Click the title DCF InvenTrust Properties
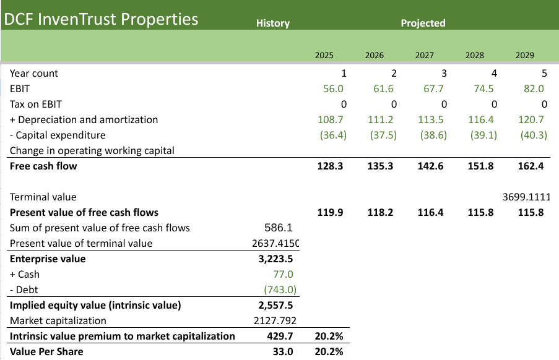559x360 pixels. [101, 19]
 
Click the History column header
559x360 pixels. [272, 24]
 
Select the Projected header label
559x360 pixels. [423, 24]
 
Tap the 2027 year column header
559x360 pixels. [424, 55]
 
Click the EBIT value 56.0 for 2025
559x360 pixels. [333, 89]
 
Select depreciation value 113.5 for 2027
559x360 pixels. [433, 120]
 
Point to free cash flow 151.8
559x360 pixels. [483, 166]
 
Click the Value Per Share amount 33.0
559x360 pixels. [283, 352]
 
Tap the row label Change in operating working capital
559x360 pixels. [92, 151]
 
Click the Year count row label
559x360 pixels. [34, 74]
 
